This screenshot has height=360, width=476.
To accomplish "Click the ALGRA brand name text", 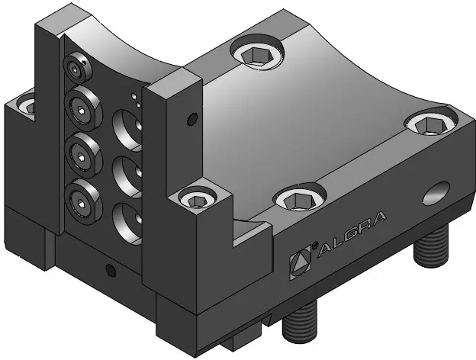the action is pos(352,234).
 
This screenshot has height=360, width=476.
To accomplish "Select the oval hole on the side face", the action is pos(436,194).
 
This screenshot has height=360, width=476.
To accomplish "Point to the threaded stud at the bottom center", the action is pos(300,322).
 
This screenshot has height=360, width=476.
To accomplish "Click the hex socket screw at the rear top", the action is pos(257,53).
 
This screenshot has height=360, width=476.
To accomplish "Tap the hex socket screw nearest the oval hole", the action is pos(430,123).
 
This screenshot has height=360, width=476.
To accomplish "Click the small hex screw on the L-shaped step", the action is pos(197,198).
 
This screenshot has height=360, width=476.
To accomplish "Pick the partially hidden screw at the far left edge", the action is pos(27,104).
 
